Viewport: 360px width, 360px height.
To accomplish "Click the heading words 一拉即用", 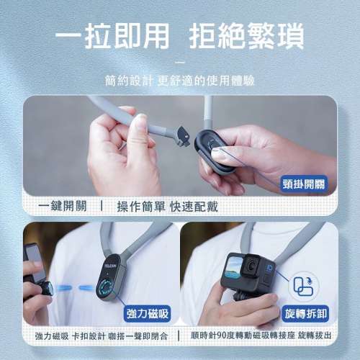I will (112, 36).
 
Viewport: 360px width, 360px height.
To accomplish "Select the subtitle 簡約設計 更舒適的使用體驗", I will (180, 81).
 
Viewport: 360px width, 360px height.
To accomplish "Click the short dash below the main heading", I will (180, 62).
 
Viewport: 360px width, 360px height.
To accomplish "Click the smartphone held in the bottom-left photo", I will (32, 259).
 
